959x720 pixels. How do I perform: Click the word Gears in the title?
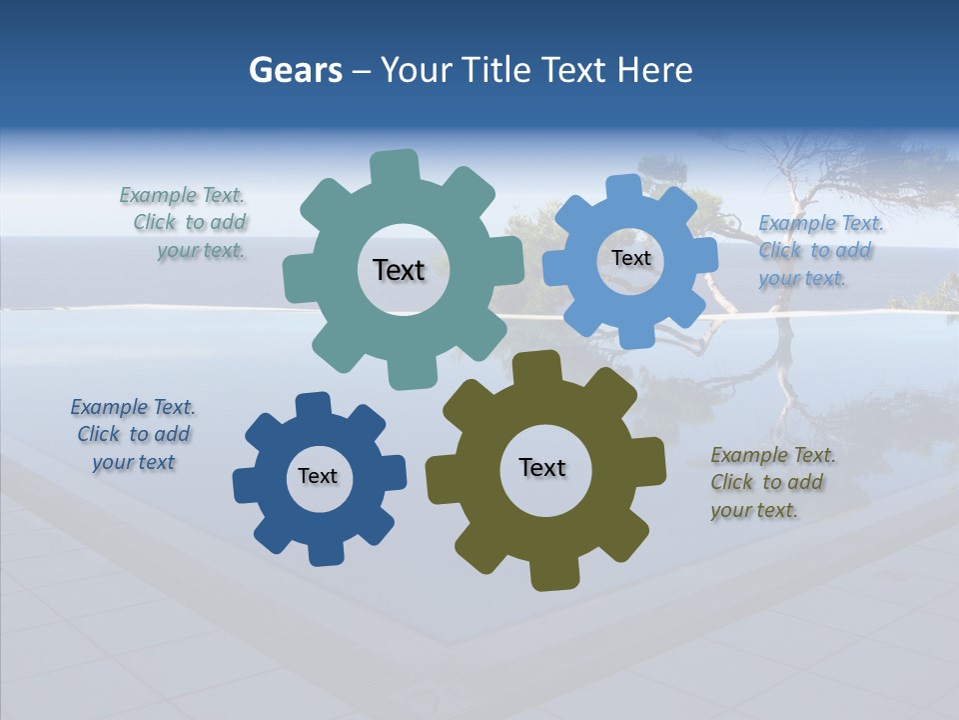pos(295,70)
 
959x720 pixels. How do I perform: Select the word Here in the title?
pos(655,70)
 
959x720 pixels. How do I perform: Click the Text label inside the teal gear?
pos(399,270)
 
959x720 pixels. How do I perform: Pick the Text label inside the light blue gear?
pos(630,258)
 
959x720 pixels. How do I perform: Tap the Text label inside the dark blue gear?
pos(318,476)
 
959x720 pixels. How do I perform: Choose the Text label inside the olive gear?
pos(542,467)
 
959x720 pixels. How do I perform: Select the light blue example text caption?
pos(819,251)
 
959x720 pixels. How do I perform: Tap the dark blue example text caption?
pos(133,435)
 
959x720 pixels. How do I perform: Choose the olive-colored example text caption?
pos(771,483)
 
